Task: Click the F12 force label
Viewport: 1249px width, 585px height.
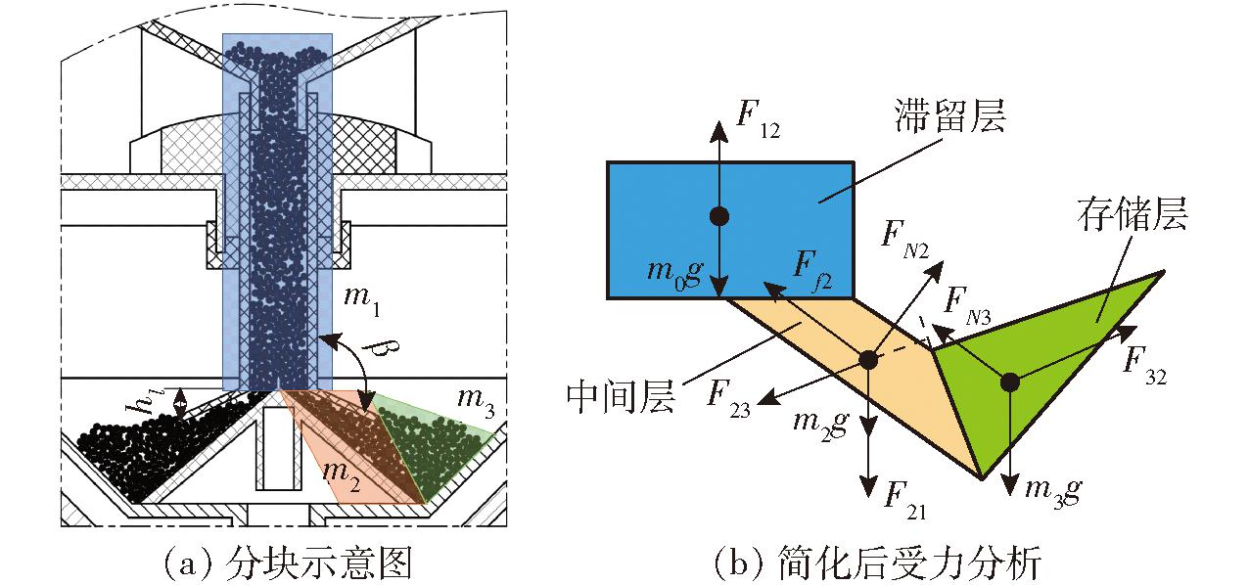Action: pyautogui.click(x=759, y=118)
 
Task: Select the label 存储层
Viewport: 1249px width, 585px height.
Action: pyautogui.click(x=1132, y=214)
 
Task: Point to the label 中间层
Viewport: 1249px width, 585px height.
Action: pyautogui.click(x=621, y=397)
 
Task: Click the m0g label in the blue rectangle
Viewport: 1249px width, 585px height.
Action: pyautogui.click(x=674, y=273)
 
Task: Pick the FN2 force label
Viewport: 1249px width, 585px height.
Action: pyautogui.click(x=905, y=241)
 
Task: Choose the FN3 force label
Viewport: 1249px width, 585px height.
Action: pyautogui.click(x=967, y=306)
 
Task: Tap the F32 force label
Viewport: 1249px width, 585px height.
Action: pyautogui.click(x=1144, y=366)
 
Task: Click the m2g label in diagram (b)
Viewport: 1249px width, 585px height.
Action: pyautogui.click(x=821, y=427)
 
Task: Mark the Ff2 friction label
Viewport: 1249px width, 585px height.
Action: pyautogui.click(x=812, y=271)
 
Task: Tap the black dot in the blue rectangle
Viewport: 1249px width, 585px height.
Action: pyautogui.click(x=719, y=215)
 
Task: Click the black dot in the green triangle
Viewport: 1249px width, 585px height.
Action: pyautogui.click(x=1010, y=382)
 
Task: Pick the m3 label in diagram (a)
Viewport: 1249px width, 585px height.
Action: pyautogui.click(x=476, y=401)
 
